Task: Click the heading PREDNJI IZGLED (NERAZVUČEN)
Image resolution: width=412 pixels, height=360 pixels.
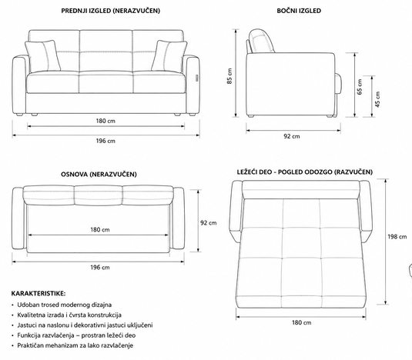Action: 110,11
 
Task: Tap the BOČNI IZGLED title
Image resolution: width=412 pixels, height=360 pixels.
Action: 299,11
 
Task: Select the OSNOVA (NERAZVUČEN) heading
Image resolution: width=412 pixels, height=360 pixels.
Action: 99,174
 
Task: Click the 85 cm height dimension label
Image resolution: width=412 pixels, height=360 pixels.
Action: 229,76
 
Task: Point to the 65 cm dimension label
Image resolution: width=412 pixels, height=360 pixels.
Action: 360,87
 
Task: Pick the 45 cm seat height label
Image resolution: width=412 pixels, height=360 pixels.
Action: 377,99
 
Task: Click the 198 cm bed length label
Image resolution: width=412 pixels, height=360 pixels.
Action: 397,237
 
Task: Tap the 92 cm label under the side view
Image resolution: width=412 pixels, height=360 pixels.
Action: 292,136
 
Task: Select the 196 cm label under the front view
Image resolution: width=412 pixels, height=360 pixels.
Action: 106,141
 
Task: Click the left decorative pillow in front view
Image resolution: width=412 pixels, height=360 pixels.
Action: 42,55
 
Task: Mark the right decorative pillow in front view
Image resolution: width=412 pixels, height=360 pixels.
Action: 169,55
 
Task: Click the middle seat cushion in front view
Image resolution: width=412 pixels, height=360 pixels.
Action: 106,82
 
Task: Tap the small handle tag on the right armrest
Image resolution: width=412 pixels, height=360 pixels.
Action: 197,78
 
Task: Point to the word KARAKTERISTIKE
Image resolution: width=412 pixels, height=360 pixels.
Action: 39,293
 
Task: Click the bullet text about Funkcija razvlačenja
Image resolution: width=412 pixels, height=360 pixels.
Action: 76,335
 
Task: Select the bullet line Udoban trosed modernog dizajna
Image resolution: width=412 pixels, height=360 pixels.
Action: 65,305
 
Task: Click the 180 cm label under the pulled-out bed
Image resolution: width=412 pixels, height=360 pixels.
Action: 301,322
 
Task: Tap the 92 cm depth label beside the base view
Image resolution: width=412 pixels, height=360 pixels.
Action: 209,223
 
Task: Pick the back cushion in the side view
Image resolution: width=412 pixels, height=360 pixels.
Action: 261,41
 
